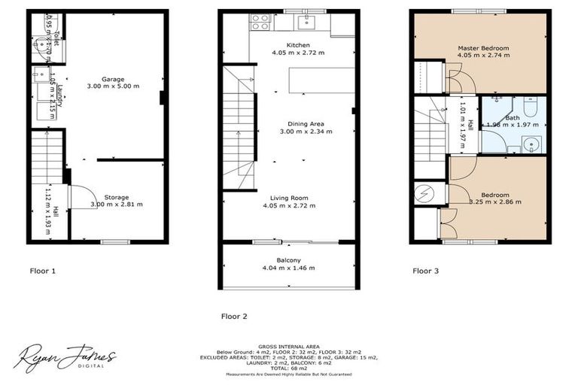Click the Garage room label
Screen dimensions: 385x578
[114, 79]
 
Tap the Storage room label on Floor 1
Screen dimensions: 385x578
[116, 197]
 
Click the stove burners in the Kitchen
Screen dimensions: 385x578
[260, 22]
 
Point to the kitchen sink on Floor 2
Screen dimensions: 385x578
[306, 22]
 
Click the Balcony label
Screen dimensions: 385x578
[288, 259]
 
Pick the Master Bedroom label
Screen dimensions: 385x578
[483, 48]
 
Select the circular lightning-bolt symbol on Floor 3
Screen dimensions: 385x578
[424, 193]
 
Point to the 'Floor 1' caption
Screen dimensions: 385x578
[43, 270]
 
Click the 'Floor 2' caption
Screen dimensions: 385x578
[236, 317]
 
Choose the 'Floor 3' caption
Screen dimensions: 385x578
[427, 270]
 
